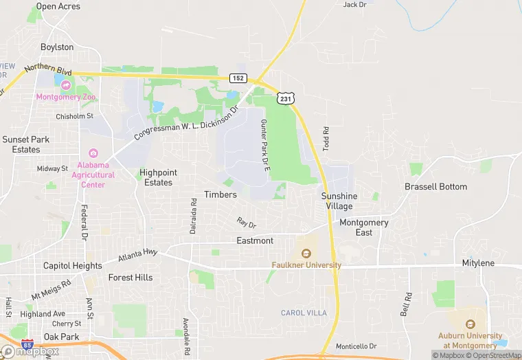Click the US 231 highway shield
(285, 100)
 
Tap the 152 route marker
(238, 78)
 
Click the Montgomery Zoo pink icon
(67, 85)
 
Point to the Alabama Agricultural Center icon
(94, 153)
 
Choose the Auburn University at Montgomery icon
(470, 324)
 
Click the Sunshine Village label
(339, 201)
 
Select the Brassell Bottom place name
(435, 187)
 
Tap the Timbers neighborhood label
(220, 194)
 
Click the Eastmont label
(255, 240)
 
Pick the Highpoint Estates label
(158, 177)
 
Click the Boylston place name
(57, 47)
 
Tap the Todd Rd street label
(326, 139)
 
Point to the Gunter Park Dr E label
(264, 144)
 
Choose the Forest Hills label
(130, 278)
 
